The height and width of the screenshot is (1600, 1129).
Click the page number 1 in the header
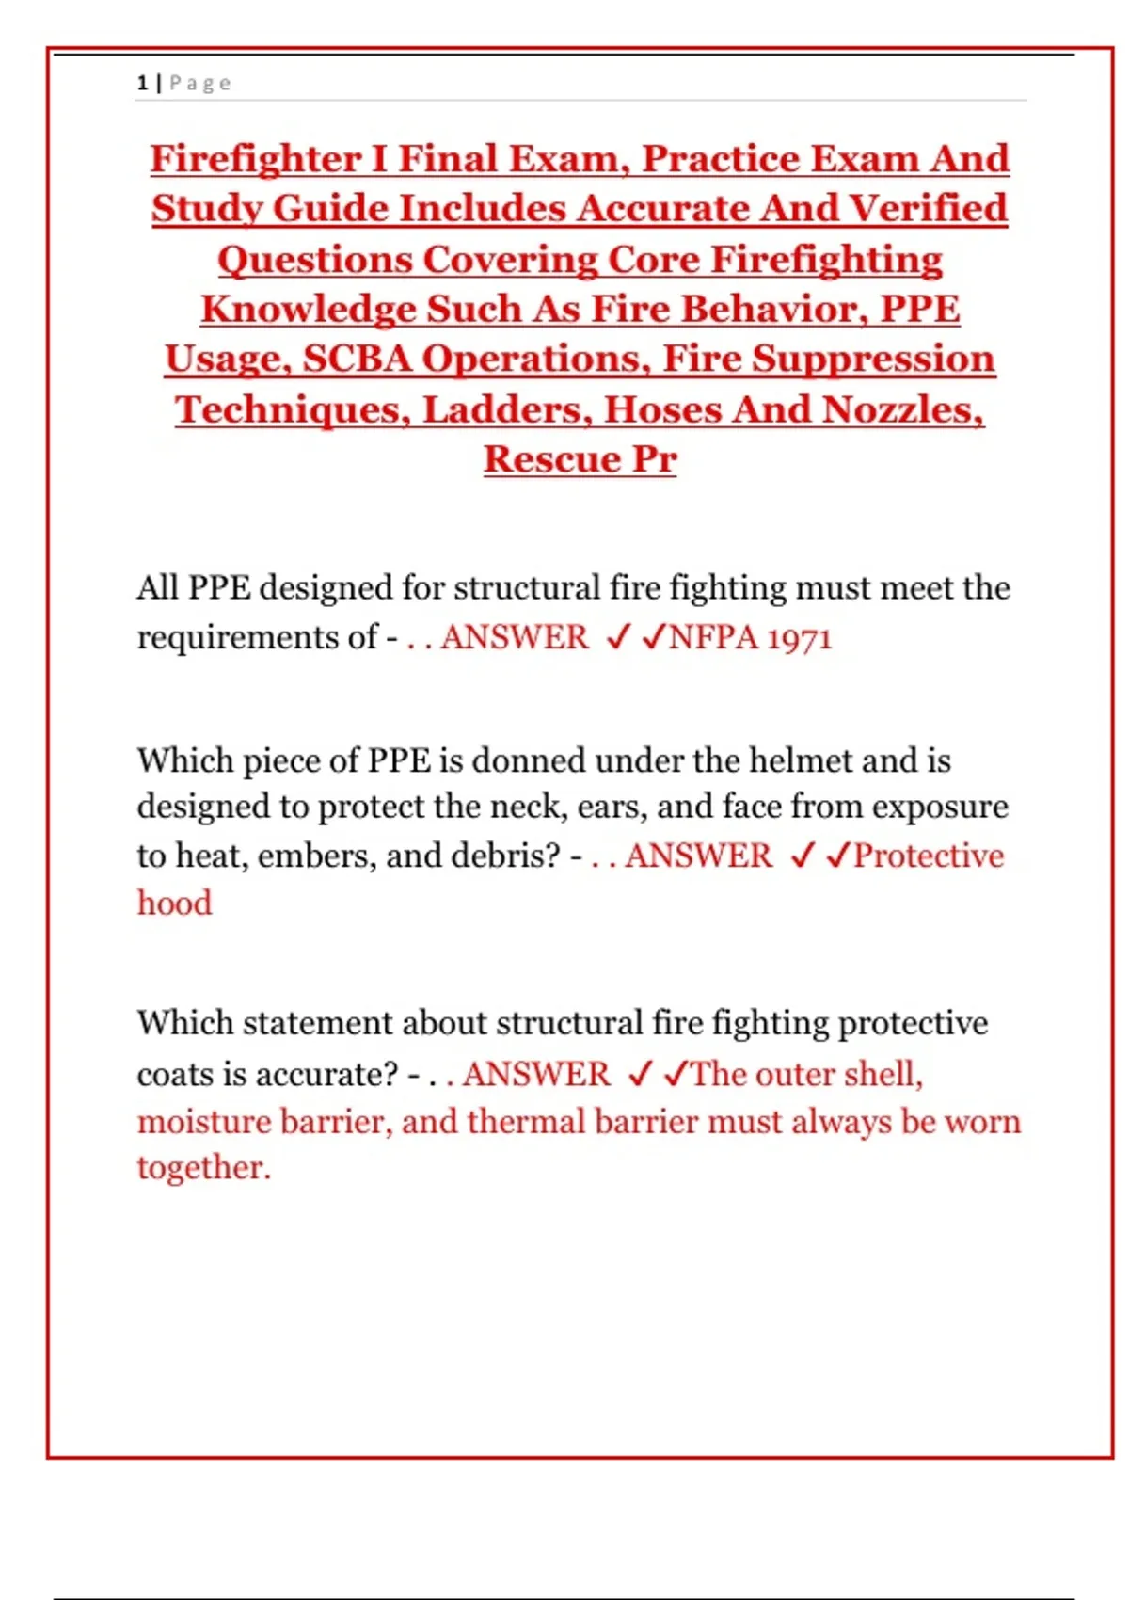pyautogui.click(x=142, y=83)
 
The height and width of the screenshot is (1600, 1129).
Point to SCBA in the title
pyautogui.click(x=357, y=360)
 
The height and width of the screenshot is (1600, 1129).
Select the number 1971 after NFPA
pyautogui.click(x=799, y=638)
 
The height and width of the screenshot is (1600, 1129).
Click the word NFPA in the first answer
pyautogui.click(x=713, y=638)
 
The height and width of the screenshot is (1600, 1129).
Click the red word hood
pyautogui.click(x=175, y=904)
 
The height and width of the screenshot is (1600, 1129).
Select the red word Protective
pyautogui.click(x=929, y=856)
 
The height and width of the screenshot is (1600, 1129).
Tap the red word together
pyautogui.click(x=203, y=1168)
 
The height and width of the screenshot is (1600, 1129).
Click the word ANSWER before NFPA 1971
pyautogui.click(x=515, y=638)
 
